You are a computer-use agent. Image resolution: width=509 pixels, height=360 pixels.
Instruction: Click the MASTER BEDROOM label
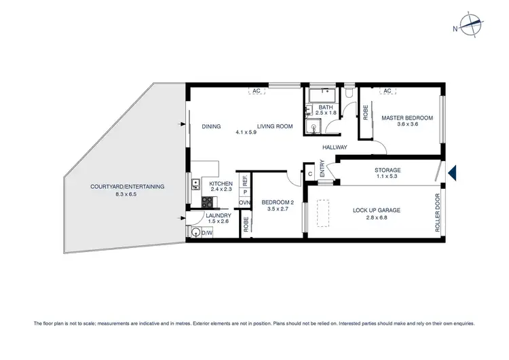point(407,118)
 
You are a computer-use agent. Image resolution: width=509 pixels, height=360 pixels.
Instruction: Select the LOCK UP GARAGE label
point(376,211)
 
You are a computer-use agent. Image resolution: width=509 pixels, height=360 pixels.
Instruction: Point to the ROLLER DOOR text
point(438,214)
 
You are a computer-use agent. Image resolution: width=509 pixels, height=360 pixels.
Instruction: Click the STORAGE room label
point(388,170)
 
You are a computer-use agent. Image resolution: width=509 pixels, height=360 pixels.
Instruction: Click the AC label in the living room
point(257,90)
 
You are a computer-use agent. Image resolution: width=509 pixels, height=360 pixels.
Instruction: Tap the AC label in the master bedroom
point(388,90)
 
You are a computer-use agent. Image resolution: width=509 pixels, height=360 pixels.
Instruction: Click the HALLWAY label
point(334,147)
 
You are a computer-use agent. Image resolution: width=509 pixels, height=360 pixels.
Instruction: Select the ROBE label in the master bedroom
point(365,112)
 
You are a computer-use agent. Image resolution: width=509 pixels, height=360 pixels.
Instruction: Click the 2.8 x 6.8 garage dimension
point(376,218)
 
